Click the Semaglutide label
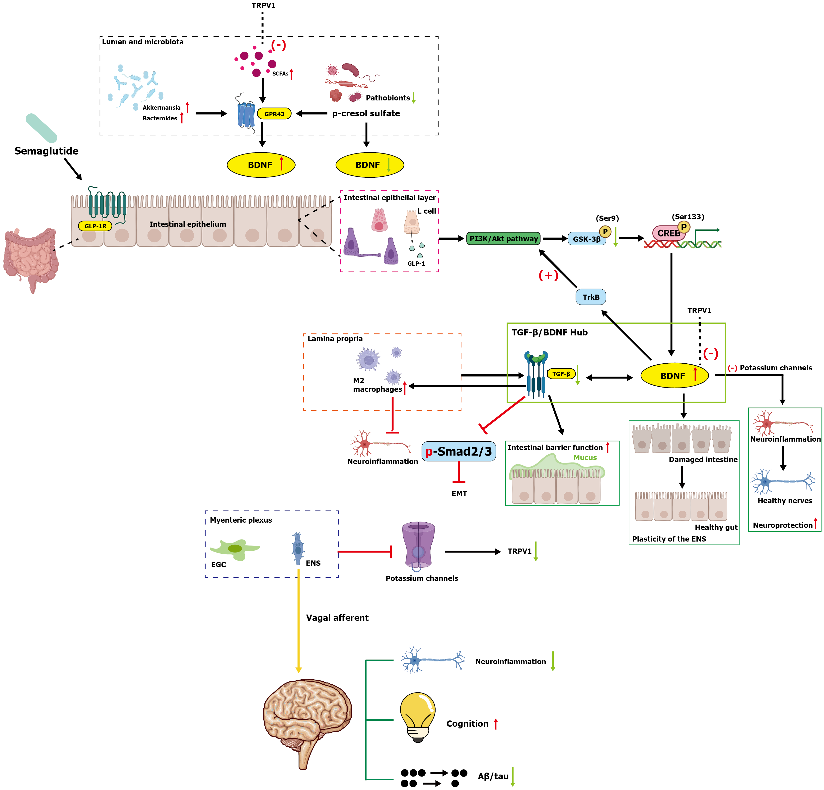coord(46,151)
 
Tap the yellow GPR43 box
coord(274,114)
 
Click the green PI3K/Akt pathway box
coord(504,239)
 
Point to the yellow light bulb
coord(417,717)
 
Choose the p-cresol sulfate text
coord(366,114)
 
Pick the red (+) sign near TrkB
coord(548,275)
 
